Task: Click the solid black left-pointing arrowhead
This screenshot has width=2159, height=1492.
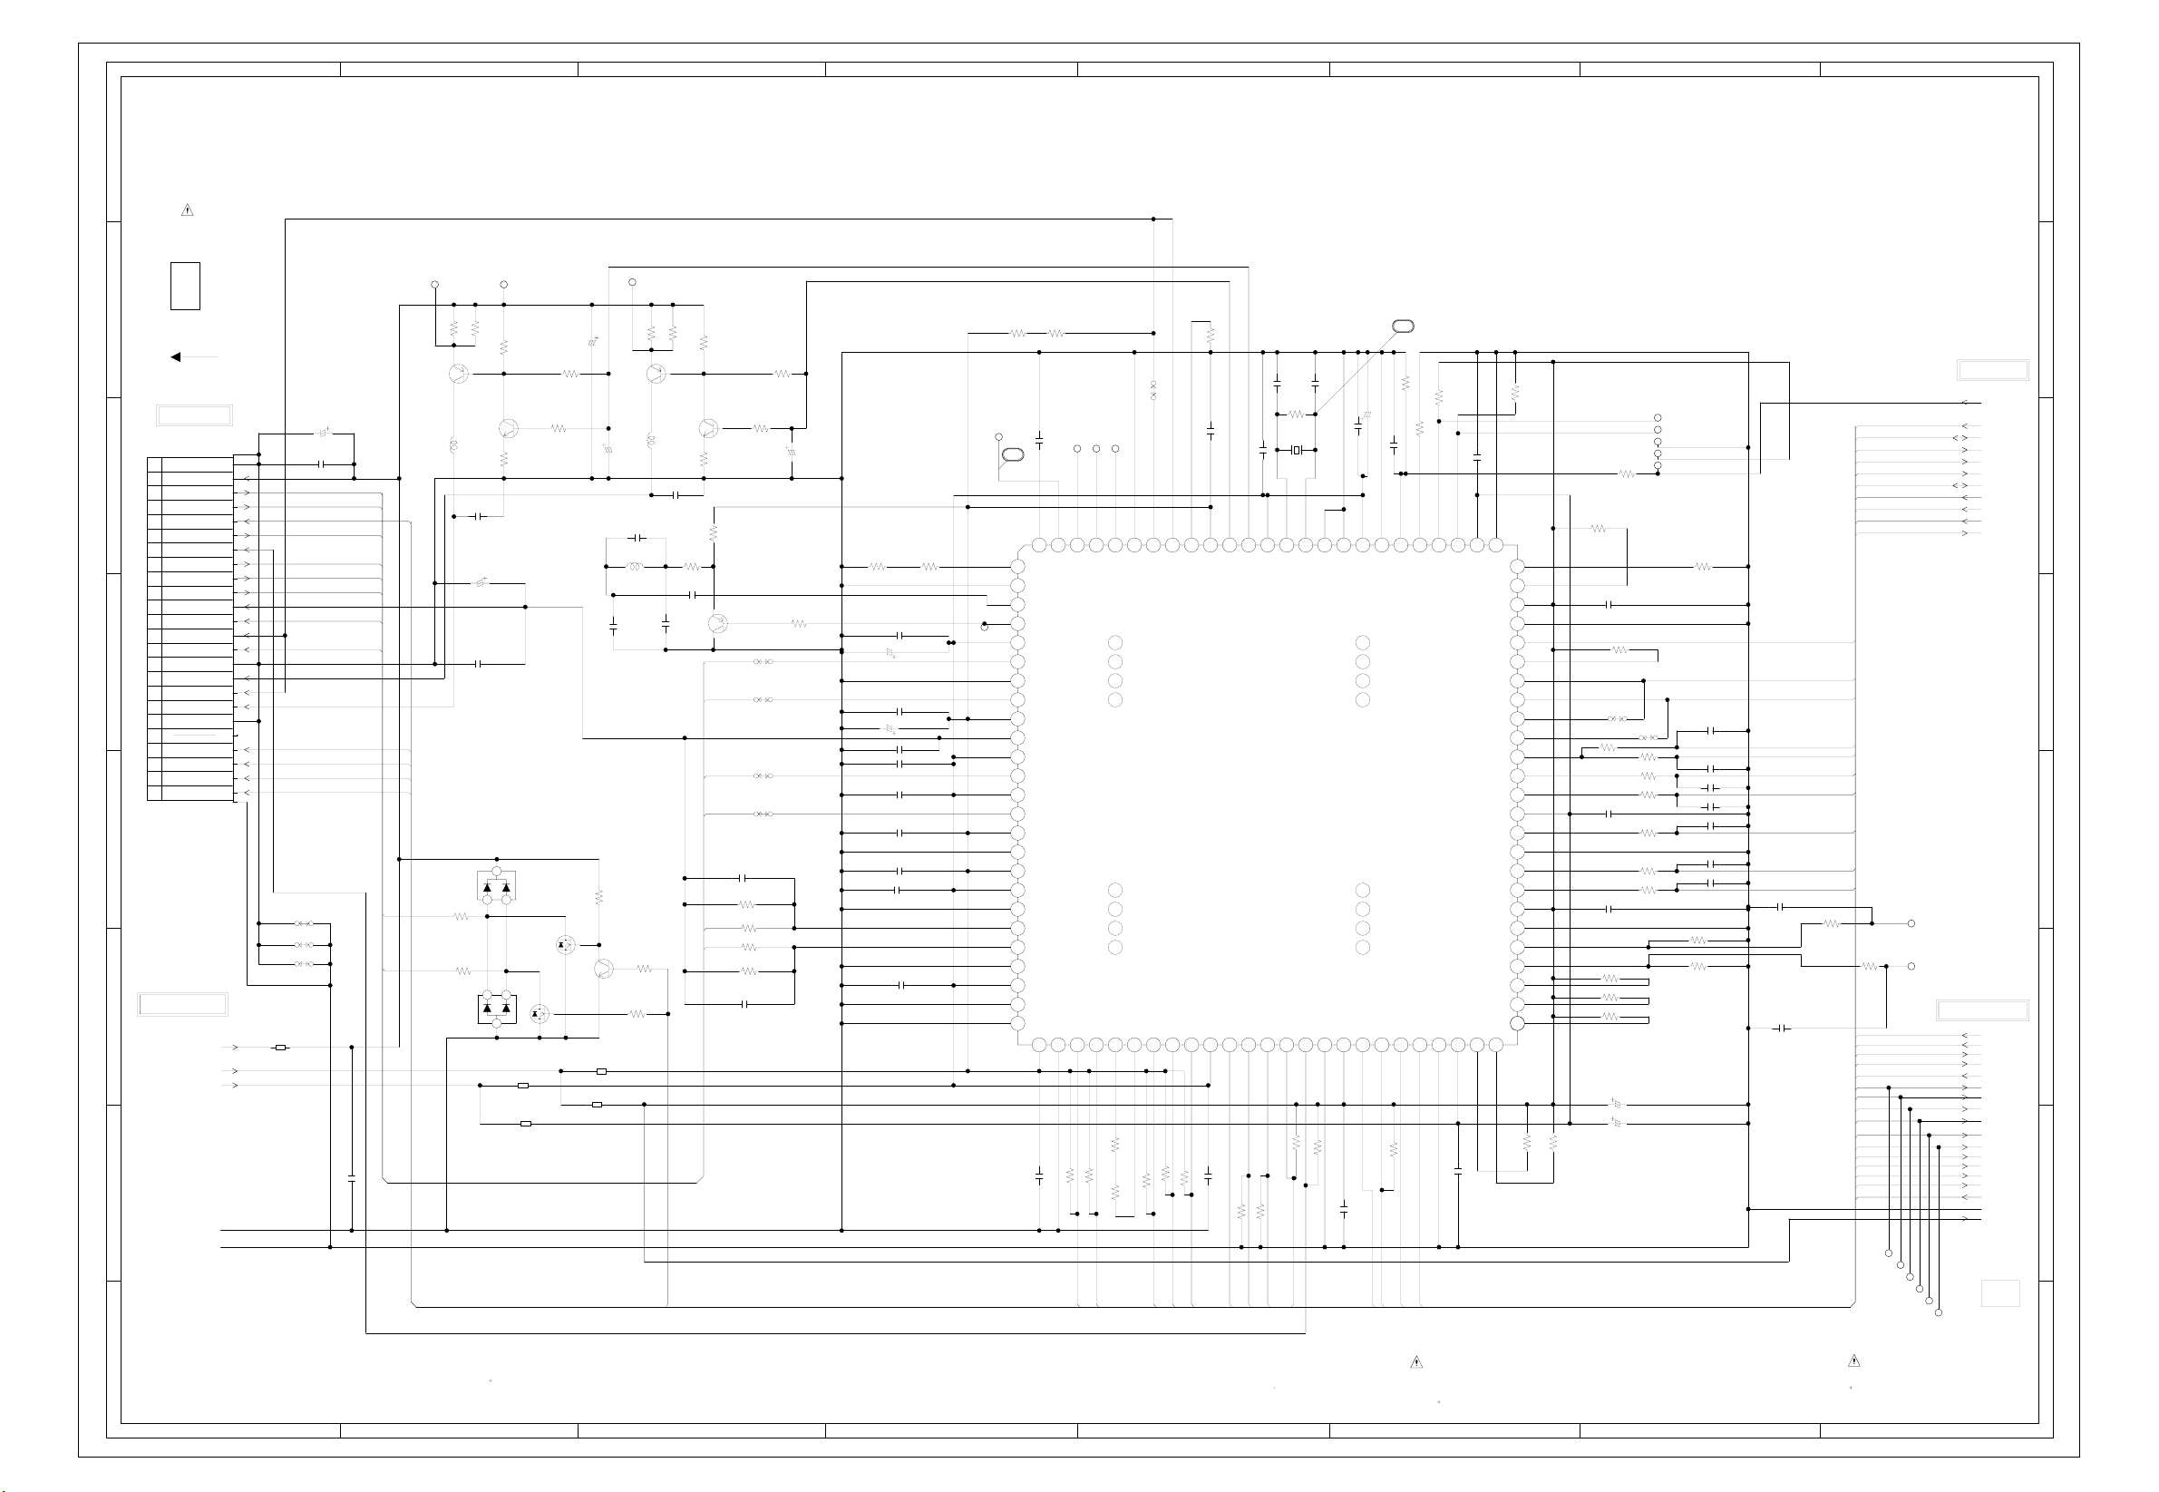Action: tap(175, 356)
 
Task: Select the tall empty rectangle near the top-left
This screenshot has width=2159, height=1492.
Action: tap(185, 286)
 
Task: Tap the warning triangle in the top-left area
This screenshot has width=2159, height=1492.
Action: tap(187, 210)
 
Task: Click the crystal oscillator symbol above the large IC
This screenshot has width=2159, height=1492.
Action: tap(1296, 450)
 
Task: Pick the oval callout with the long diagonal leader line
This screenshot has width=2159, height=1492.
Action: tap(1402, 327)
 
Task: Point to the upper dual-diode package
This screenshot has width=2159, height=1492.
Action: tap(496, 885)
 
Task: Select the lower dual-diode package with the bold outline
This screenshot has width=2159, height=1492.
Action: tap(496, 1009)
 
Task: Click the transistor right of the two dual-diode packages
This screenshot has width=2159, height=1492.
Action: tap(604, 969)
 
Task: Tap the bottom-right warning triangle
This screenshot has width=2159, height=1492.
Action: tap(1853, 1360)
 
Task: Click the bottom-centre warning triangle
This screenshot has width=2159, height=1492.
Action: tap(1416, 1362)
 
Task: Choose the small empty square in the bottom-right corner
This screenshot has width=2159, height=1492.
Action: tap(2000, 1292)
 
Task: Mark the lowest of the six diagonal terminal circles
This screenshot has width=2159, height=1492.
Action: tap(1939, 1312)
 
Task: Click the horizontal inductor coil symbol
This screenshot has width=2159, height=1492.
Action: tap(636, 567)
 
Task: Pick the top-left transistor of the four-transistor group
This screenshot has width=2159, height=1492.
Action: tap(457, 374)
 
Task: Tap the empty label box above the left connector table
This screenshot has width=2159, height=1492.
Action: tap(194, 415)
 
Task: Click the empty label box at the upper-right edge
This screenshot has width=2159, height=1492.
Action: tap(1993, 370)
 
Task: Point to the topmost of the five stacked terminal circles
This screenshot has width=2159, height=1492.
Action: tap(1657, 418)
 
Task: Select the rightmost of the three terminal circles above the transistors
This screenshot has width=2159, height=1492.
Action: tap(632, 282)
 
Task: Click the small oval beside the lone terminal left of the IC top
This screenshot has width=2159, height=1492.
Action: tap(1012, 455)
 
